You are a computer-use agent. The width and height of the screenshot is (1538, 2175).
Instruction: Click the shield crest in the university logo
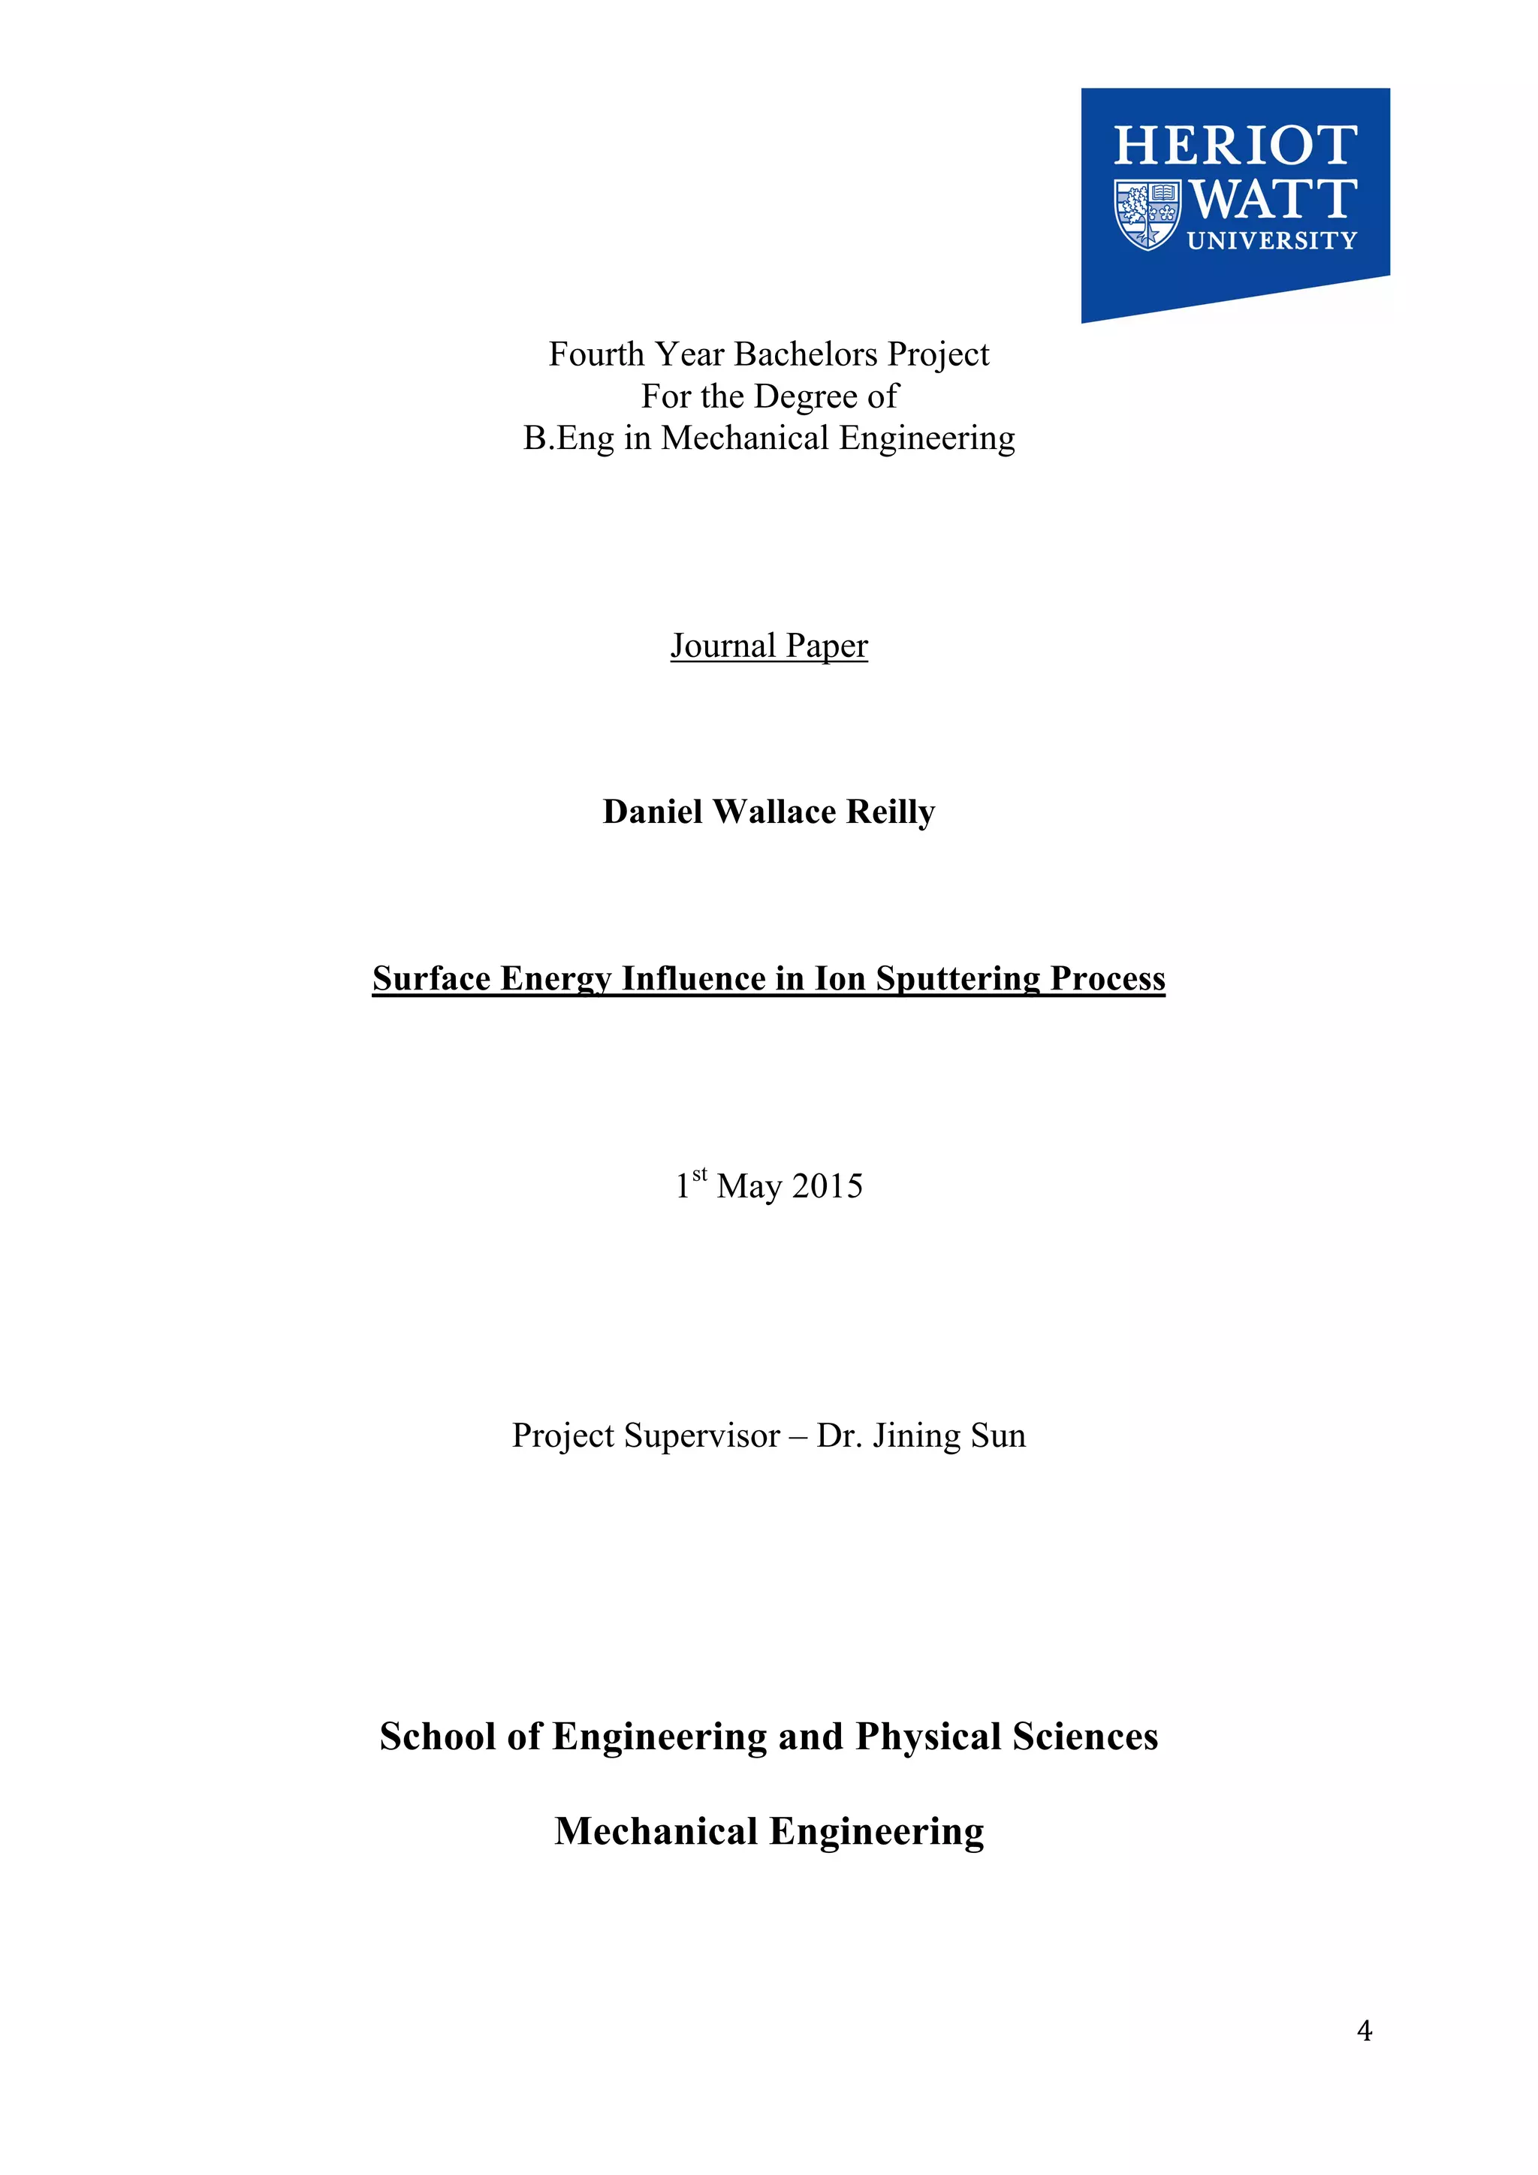[1147, 214]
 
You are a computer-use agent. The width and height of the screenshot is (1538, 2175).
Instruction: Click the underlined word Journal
[723, 646]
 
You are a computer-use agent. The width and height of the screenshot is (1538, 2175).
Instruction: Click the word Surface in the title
[431, 978]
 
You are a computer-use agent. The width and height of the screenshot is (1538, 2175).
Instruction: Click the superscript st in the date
[699, 1175]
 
